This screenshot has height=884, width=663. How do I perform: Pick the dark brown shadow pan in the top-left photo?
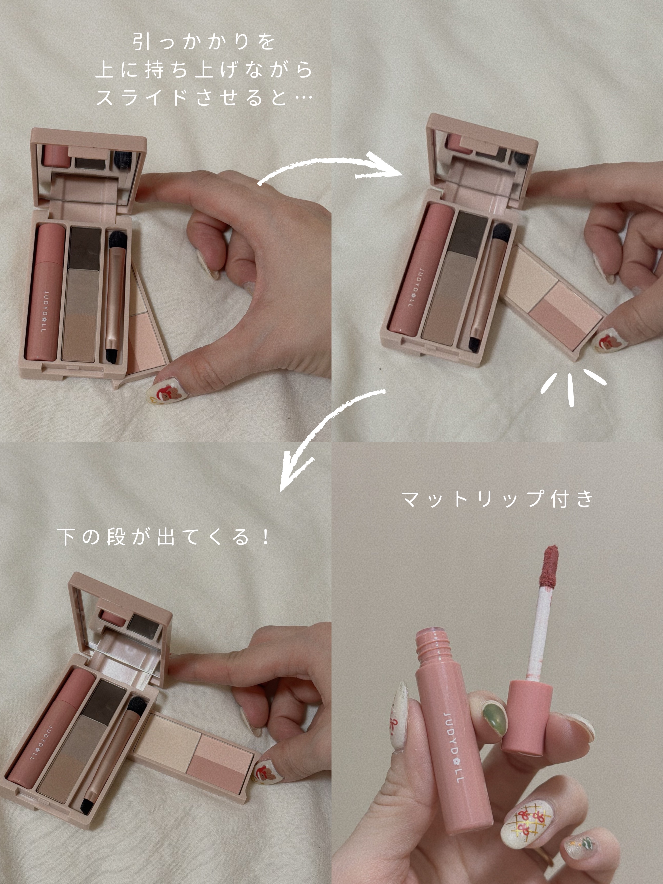pyautogui.click(x=85, y=248)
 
